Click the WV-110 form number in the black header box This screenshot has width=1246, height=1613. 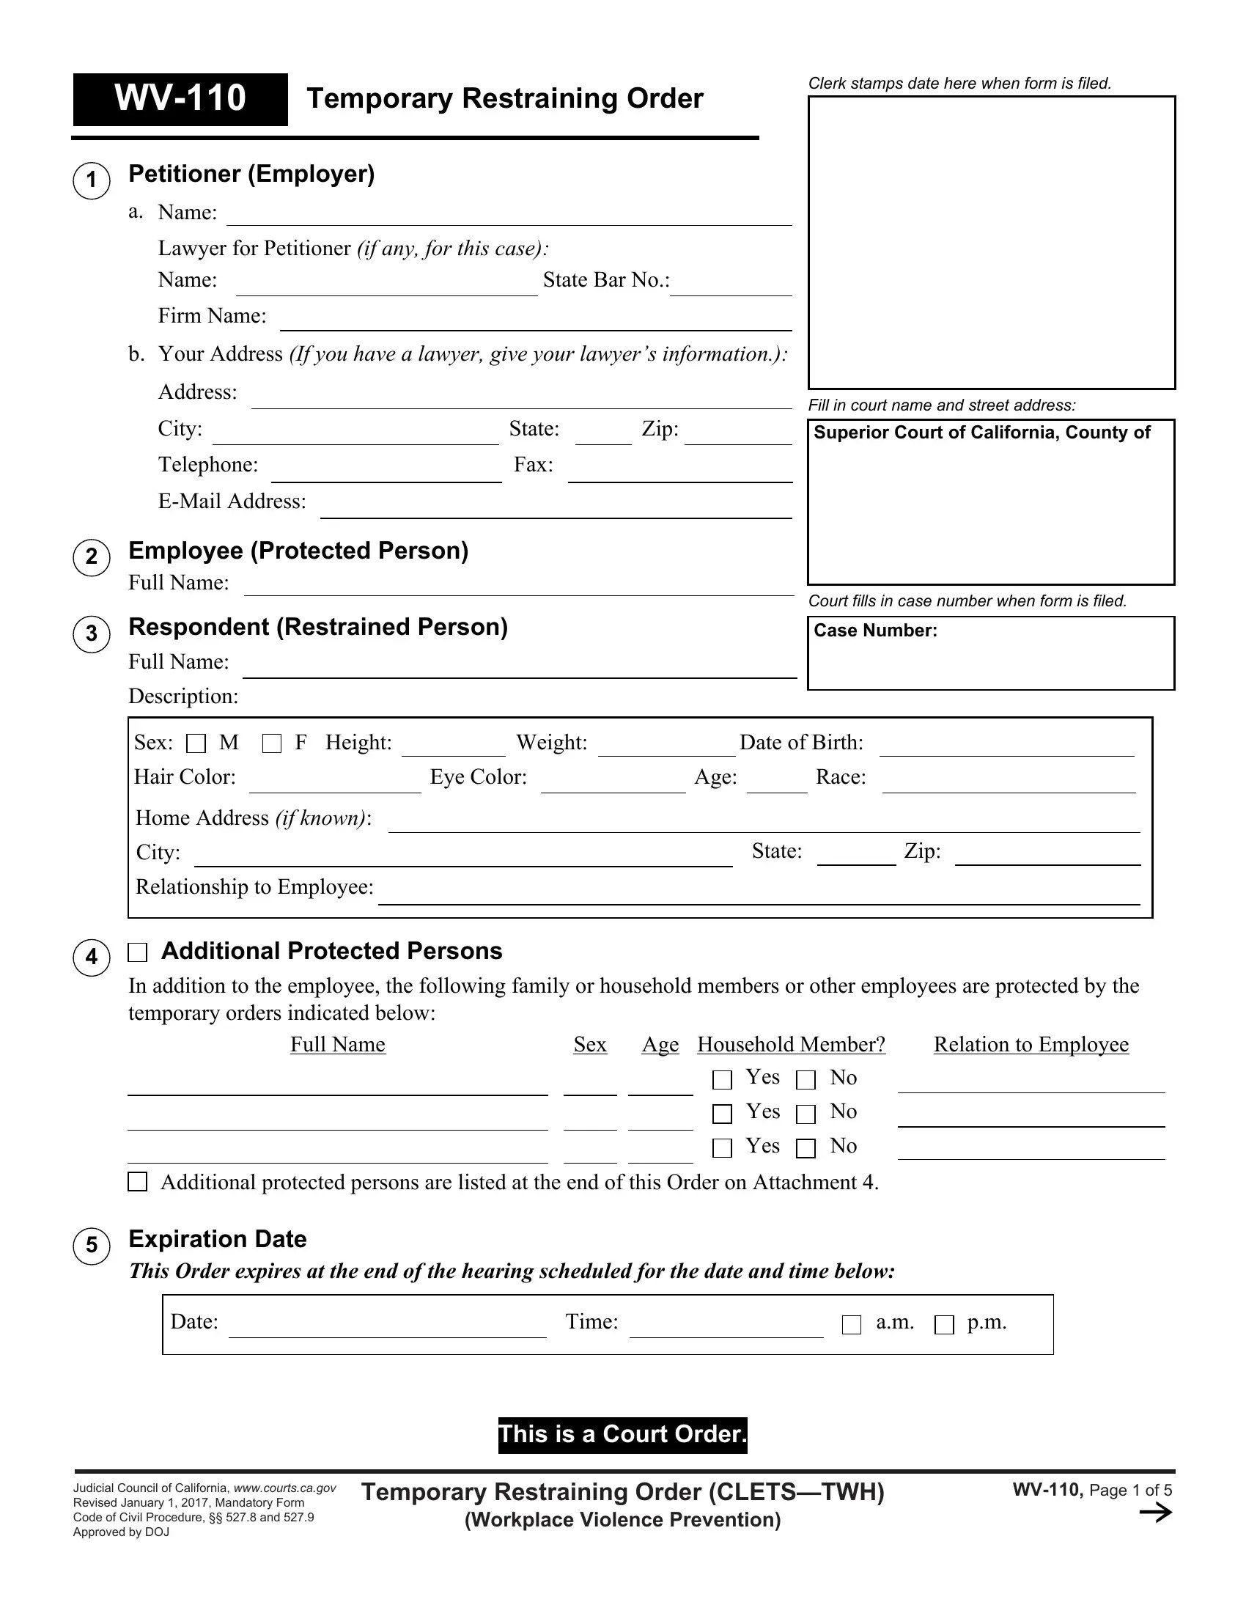pyautogui.click(x=180, y=99)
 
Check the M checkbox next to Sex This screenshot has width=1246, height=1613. pyautogui.click(x=196, y=743)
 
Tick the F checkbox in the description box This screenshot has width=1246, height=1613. pyautogui.click(x=272, y=743)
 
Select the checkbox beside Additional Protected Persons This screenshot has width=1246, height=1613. pyautogui.click(x=138, y=952)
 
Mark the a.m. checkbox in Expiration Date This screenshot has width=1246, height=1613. pyautogui.click(x=852, y=1325)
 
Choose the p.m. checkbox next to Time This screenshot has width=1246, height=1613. pyautogui.click(x=944, y=1325)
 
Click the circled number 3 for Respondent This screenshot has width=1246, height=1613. pyautogui.click(x=92, y=633)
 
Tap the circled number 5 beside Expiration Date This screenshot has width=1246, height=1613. pyautogui.click(x=92, y=1246)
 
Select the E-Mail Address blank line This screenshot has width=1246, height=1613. pyautogui.click(x=555, y=510)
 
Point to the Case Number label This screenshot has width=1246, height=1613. pyautogui.click(x=875, y=631)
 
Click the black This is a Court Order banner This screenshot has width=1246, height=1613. pyautogui.click(x=622, y=1434)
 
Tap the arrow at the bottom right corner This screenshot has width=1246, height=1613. pyautogui.click(x=1155, y=1513)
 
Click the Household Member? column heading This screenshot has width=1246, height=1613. pyautogui.click(x=792, y=1044)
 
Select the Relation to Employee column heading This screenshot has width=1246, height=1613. pyautogui.click(x=1031, y=1044)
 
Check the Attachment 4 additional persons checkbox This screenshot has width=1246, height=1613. pyautogui.click(x=138, y=1182)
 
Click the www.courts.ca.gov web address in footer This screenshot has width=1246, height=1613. pyautogui.click(x=285, y=1488)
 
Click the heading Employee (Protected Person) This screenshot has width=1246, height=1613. pyautogui.click(x=298, y=551)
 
